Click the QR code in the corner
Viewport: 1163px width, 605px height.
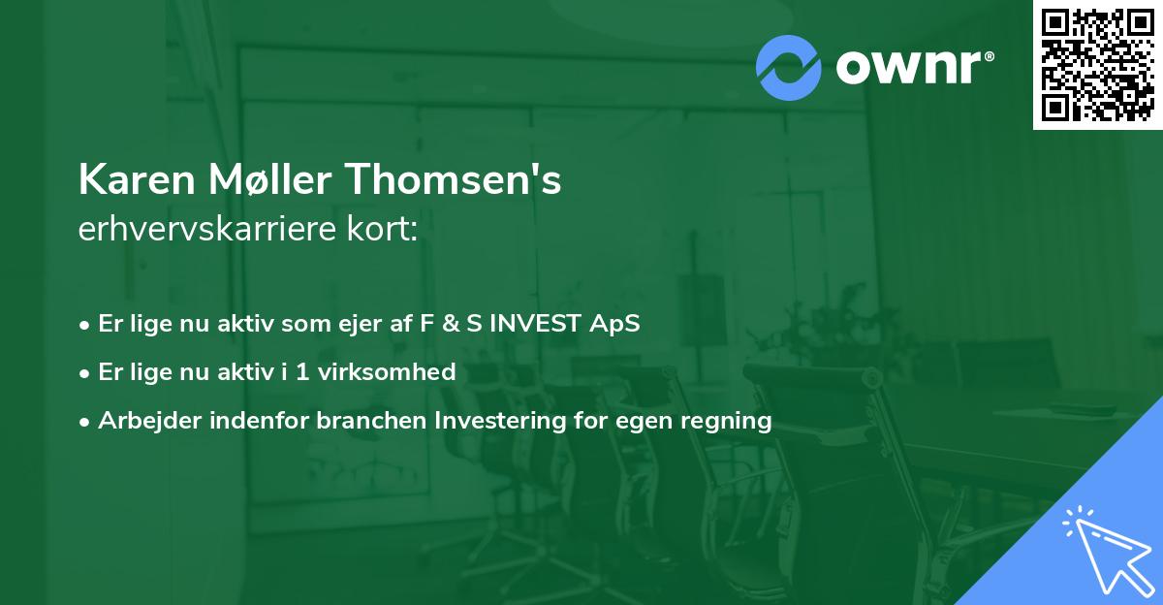[x=1097, y=64]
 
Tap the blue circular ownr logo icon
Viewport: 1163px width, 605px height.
[x=789, y=68]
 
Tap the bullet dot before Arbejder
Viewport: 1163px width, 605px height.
[x=85, y=422]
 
